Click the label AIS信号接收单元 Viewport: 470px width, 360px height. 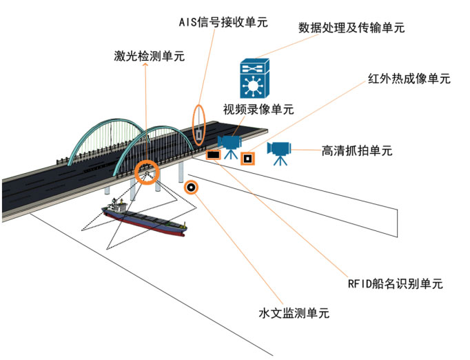pyautogui.click(x=219, y=22)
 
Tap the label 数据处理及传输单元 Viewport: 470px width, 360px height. pyautogui.click(x=351, y=28)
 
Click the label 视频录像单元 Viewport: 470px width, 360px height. pyautogui.click(x=258, y=109)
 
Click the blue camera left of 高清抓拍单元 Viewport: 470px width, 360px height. pyautogui.click(x=280, y=152)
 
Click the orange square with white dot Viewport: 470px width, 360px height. pyautogui.click(x=247, y=159)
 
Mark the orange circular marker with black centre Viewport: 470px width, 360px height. pyautogui.click(x=191, y=186)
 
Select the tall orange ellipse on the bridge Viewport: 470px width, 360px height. pyautogui.click(x=198, y=124)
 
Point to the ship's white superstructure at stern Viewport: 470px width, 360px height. pyautogui.click(x=116, y=206)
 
